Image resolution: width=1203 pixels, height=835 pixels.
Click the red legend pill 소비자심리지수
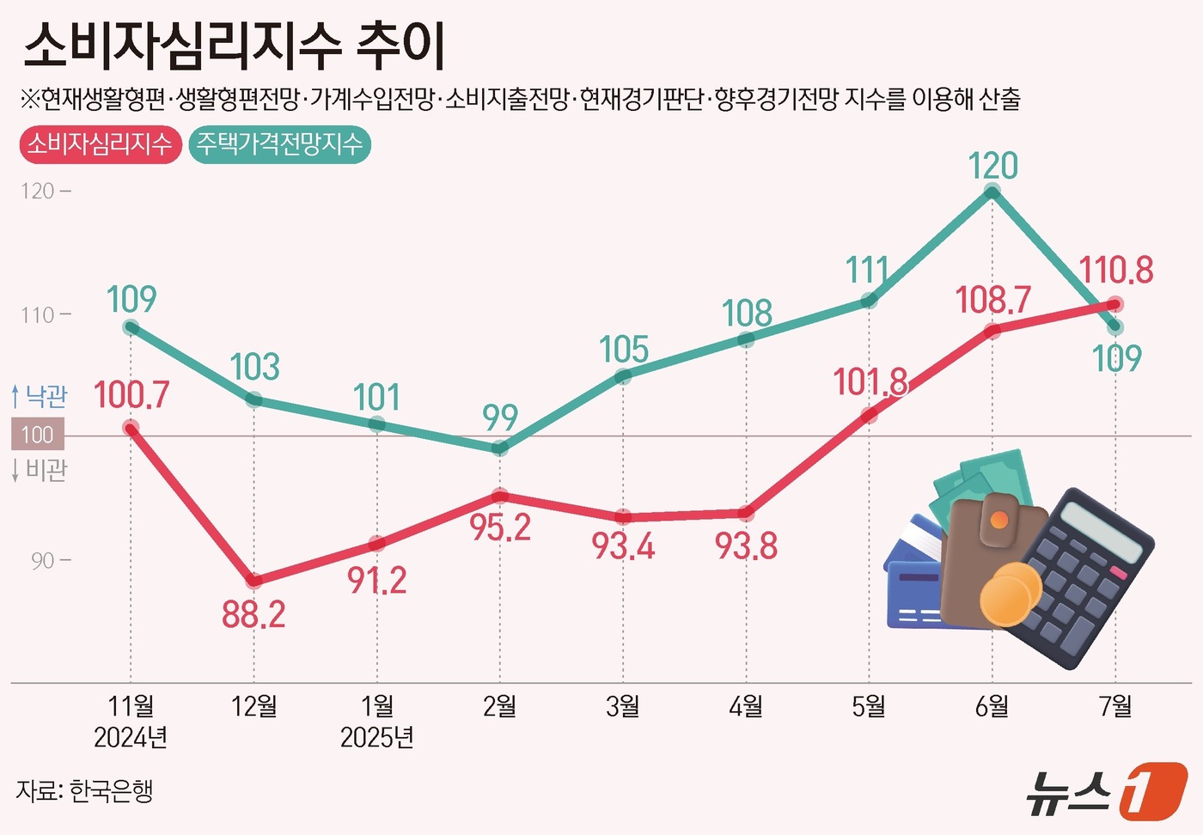[99, 144]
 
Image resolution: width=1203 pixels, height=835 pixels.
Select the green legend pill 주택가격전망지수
[279, 144]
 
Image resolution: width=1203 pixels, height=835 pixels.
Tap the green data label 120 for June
[992, 166]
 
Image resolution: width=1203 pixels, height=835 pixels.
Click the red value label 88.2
[253, 615]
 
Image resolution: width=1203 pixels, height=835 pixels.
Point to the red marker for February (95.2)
[500, 496]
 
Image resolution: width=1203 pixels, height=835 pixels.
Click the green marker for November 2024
[131, 327]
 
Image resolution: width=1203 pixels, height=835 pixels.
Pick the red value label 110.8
[1115, 271]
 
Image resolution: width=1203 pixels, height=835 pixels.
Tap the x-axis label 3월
[623, 706]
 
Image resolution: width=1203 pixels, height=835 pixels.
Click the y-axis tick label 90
[43, 561]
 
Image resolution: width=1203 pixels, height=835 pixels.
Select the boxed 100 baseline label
[38, 435]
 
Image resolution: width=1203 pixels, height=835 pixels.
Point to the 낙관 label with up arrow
[40, 396]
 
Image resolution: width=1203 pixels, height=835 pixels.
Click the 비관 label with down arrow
[40, 470]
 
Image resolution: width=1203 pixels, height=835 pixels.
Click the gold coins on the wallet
[1009, 594]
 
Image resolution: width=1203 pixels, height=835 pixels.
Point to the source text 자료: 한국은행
[84, 790]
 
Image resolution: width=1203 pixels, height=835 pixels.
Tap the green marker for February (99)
[500, 448]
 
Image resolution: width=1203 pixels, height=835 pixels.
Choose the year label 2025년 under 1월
[376, 738]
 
